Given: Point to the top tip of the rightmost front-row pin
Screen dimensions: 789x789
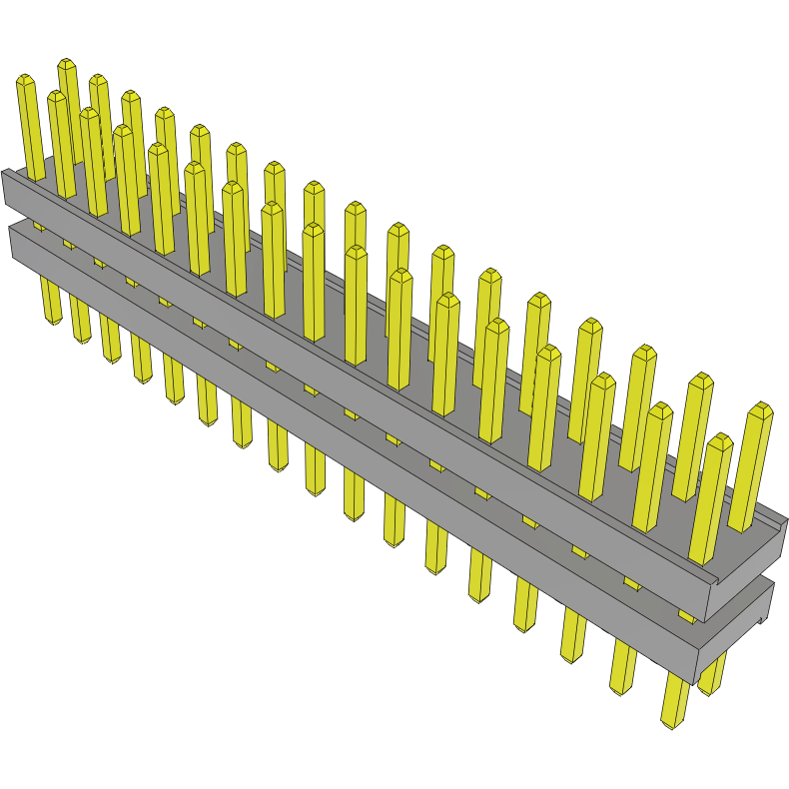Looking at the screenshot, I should pos(719,438).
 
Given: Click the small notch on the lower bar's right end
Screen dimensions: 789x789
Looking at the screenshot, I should pos(762,620).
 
